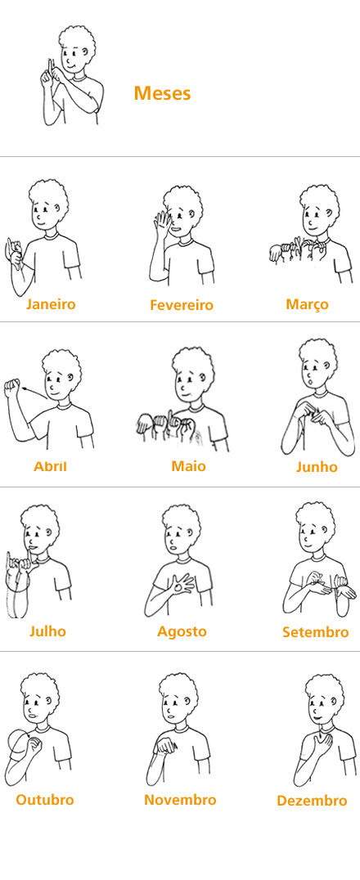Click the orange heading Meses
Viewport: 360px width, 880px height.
(x=162, y=93)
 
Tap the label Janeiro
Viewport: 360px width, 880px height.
(x=51, y=304)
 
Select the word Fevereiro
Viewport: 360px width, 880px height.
(x=182, y=305)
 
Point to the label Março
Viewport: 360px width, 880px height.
(x=307, y=305)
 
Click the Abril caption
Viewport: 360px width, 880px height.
(x=50, y=466)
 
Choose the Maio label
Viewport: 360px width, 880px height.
(x=189, y=466)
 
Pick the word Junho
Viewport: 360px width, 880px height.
(x=317, y=467)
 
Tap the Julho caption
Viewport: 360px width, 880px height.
(x=47, y=631)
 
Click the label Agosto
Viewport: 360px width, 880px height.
(x=182, y=631)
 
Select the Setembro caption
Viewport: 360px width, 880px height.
(x=316, y=632)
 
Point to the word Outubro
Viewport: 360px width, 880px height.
(x=45, y=800)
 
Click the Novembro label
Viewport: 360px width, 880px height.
(x=180, y=800)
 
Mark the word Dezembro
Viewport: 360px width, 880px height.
(x=312, y=801)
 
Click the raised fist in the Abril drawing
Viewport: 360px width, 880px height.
(x=11, y=387)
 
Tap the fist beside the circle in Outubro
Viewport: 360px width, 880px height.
(x=35, y=745)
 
